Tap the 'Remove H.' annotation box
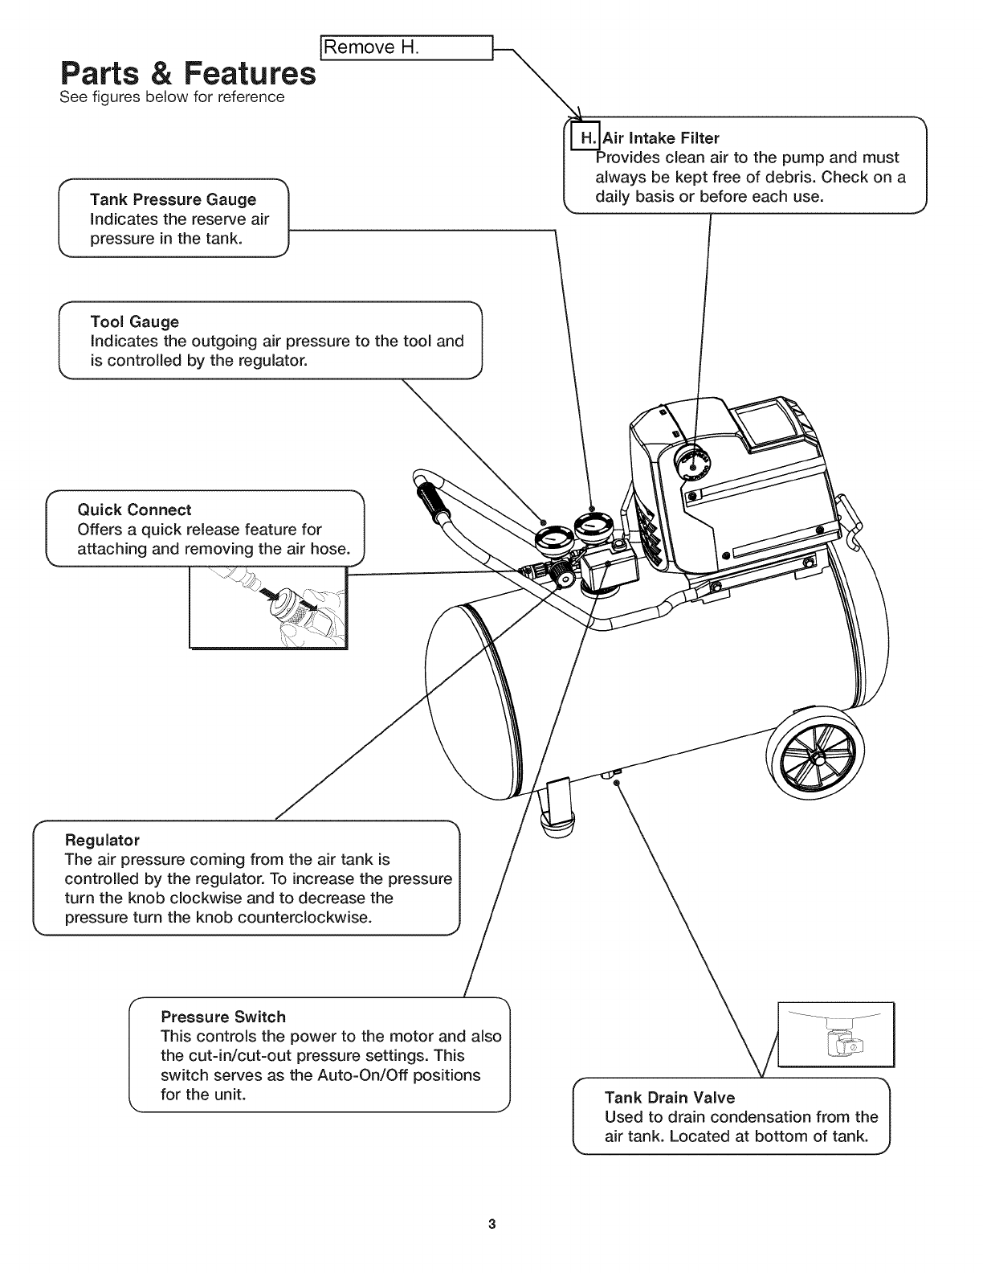[406, 47]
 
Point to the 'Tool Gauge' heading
[134, 322]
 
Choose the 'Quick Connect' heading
[134, 510]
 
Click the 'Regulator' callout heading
[102, 840]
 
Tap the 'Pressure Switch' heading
[223, 1017]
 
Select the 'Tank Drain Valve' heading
[669, 1097]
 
